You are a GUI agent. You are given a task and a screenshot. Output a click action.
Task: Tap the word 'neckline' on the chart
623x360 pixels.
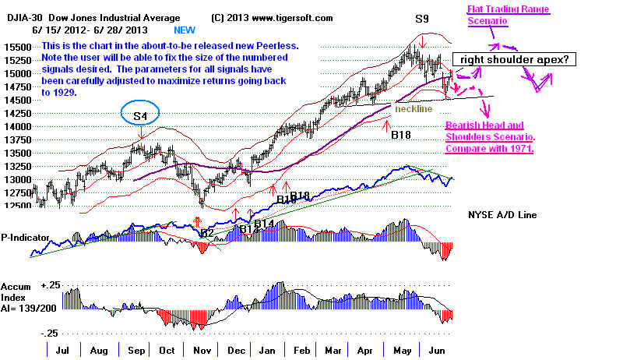pos(413,109)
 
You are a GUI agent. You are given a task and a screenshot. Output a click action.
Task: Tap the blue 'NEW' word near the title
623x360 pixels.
pos(185,30)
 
